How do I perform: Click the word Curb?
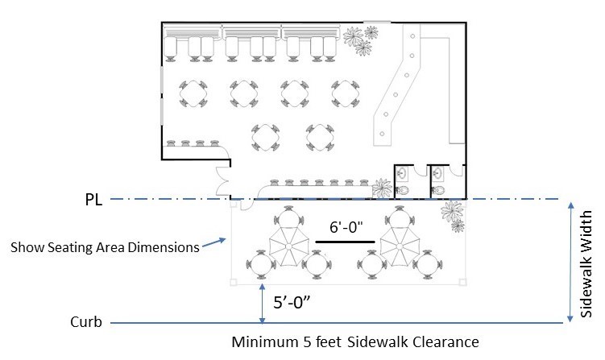(86, 322)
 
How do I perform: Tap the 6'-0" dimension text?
(346, 228)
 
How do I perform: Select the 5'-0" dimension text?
(294, 304)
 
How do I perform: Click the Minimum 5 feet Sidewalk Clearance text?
(354, 342)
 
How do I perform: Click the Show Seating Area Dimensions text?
(105, 247)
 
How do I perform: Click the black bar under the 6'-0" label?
(345, 241)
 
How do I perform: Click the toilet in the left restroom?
(404, 188)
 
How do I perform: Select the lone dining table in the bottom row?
(265, 137)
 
